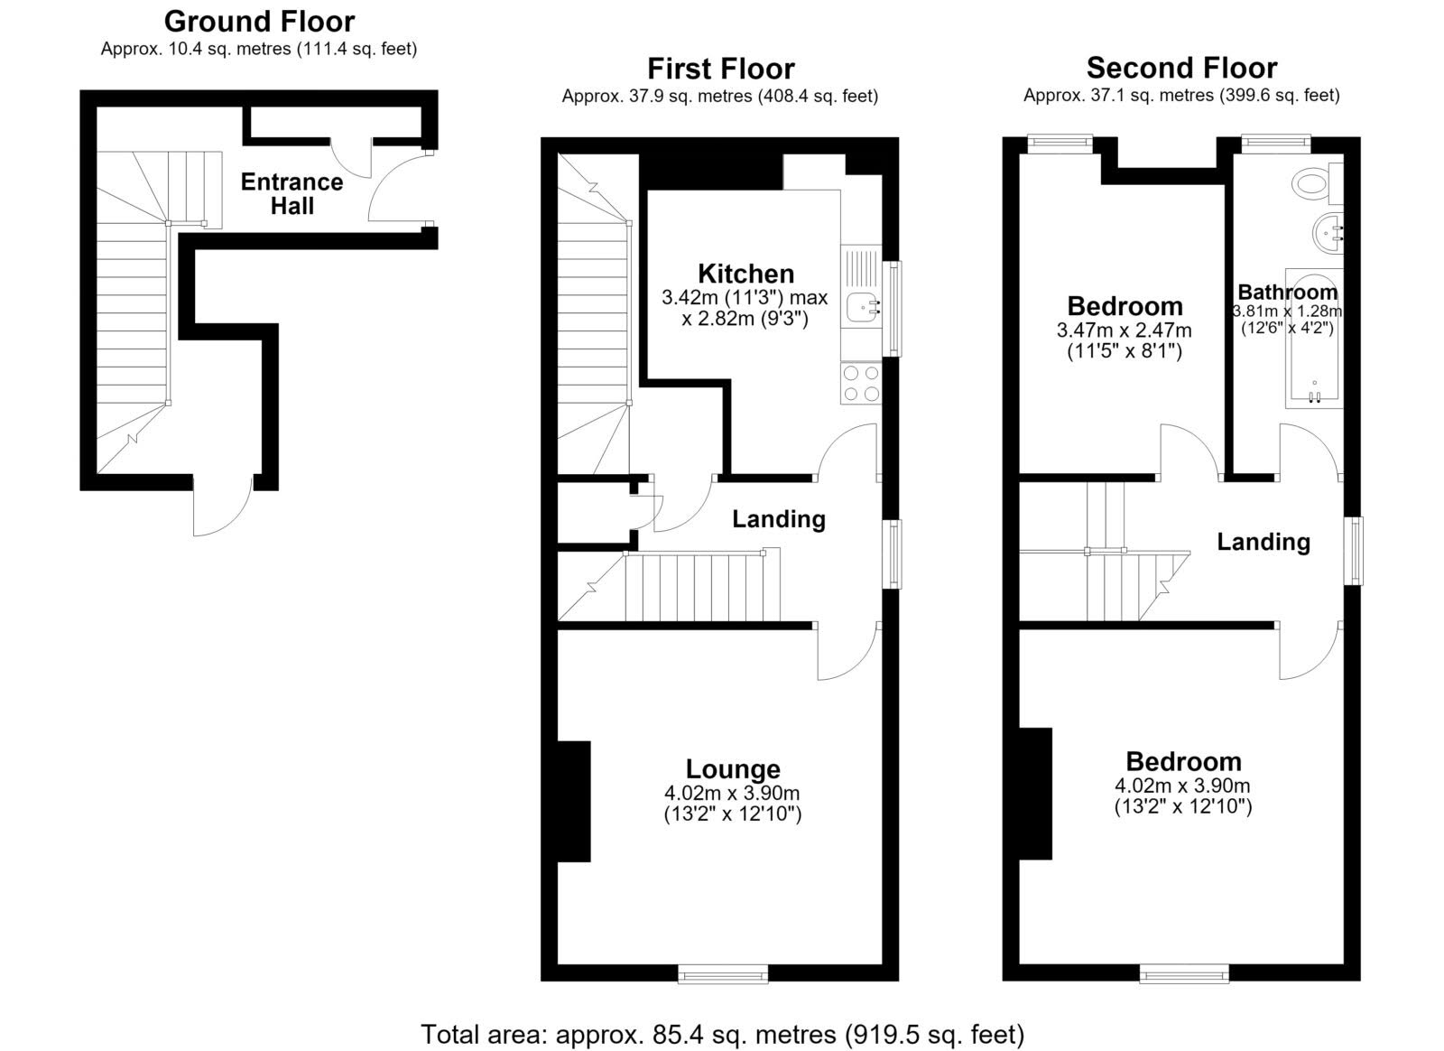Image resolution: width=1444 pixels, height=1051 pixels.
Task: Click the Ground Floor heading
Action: pos(259,22)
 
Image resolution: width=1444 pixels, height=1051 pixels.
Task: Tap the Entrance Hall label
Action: pos(292,194)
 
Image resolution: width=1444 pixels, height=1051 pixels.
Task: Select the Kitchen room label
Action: pos(745,274)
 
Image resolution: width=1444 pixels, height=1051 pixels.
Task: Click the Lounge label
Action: pos(733,769)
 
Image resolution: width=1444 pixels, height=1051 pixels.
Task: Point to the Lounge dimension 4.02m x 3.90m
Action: pos(732,793)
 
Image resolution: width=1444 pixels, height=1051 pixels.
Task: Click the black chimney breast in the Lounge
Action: pos(574,802)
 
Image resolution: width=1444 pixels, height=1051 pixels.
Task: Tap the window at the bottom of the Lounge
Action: pos(723,973)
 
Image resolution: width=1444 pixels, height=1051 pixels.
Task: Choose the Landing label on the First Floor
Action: pos(779,519)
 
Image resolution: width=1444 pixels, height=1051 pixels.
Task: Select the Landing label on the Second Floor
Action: pos(1263,543)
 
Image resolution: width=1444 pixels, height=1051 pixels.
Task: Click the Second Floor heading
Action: pos(1181,68)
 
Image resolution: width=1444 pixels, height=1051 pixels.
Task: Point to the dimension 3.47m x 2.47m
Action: pos(1124,330)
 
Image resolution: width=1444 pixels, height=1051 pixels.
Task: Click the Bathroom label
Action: pos(1287,292)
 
